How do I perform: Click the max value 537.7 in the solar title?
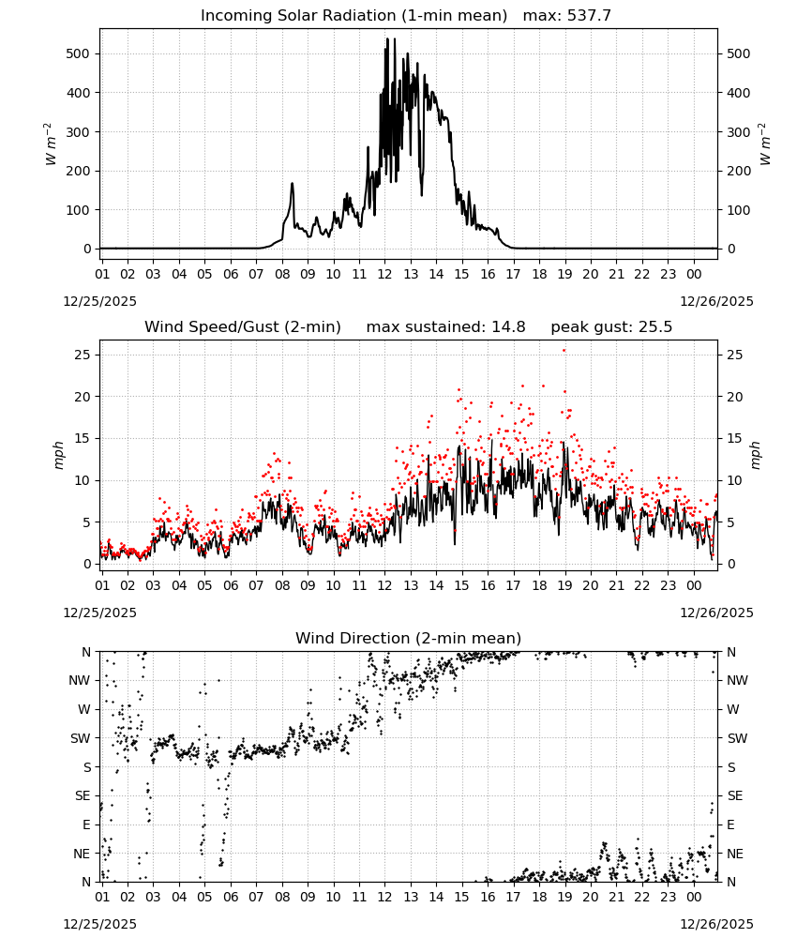(589, 16)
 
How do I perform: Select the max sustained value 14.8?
(508, 327)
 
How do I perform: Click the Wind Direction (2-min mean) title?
(409, 638)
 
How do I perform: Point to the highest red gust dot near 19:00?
(564, 351)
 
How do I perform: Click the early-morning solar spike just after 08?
(293, 184)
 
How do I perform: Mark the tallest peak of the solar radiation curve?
(387, 39)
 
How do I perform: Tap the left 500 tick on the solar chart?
(78, 53)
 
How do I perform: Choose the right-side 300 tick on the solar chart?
(739, 132)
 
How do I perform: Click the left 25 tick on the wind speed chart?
(83, 355)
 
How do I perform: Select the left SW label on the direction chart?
(80, 738)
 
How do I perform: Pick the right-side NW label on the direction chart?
(737, 680)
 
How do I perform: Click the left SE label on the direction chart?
(83, 795)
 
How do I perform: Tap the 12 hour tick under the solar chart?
(384, 274)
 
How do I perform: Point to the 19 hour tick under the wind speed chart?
(564, 585)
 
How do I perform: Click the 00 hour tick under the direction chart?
(694, 897)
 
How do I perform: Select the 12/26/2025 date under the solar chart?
(717, 301)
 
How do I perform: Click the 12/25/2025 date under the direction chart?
(99, 924)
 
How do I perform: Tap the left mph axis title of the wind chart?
(58, 455)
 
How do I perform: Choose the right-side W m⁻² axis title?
(765, 144)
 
